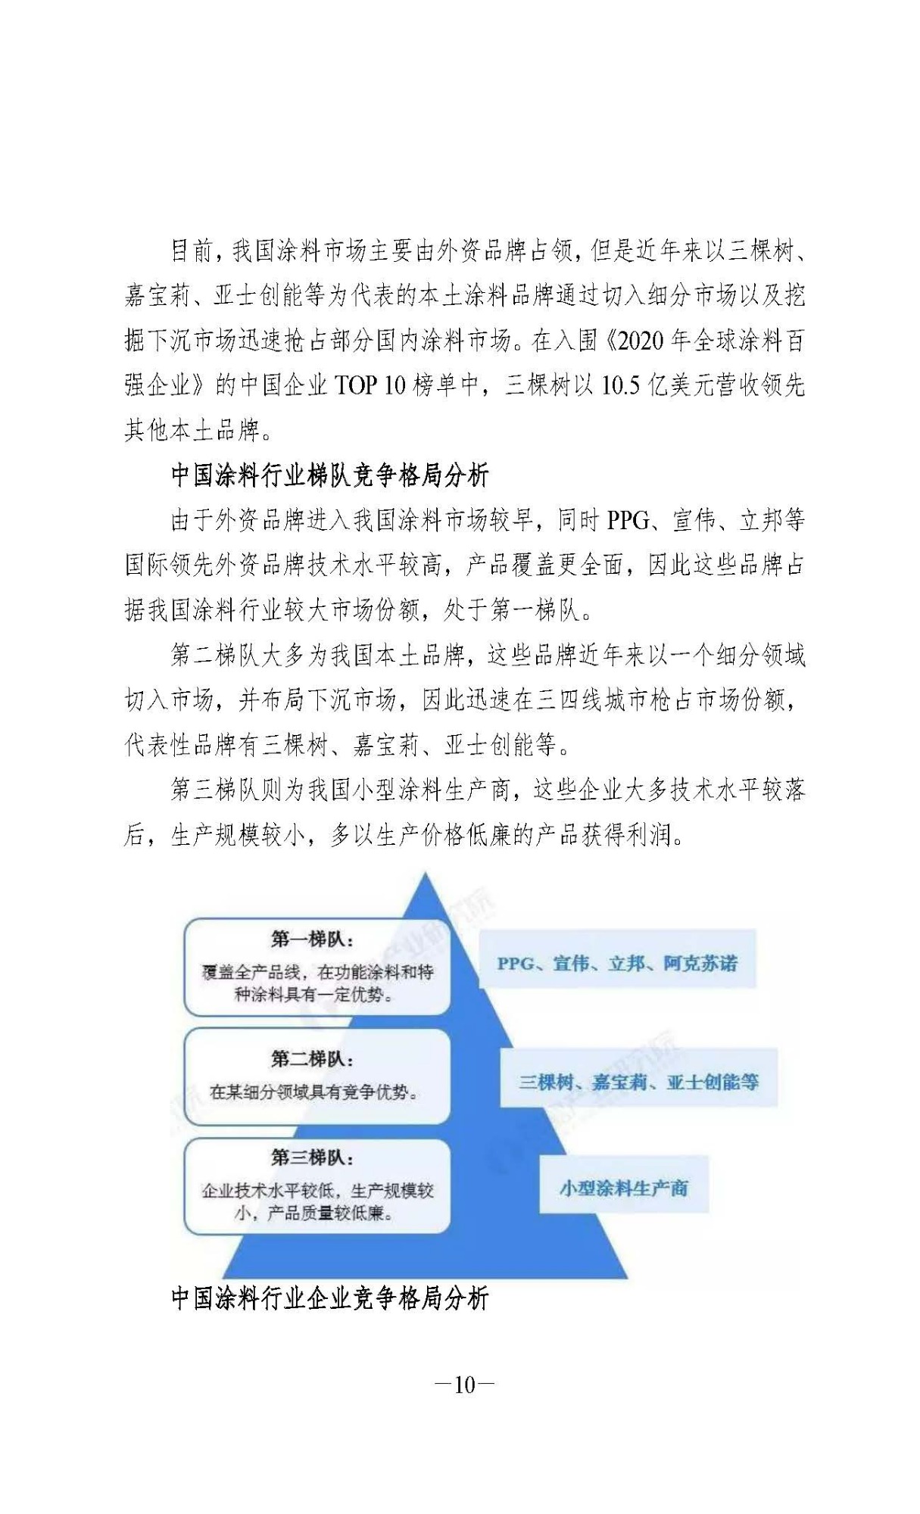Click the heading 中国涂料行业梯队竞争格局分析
(329, 475)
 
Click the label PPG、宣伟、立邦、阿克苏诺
(616, 964)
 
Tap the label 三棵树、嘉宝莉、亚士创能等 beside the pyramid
(638, 1082)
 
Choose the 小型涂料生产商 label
(623, 1188)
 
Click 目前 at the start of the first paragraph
(192, 251)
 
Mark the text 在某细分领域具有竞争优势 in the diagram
(313, 1092)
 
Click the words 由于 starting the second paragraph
(192, 521)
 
